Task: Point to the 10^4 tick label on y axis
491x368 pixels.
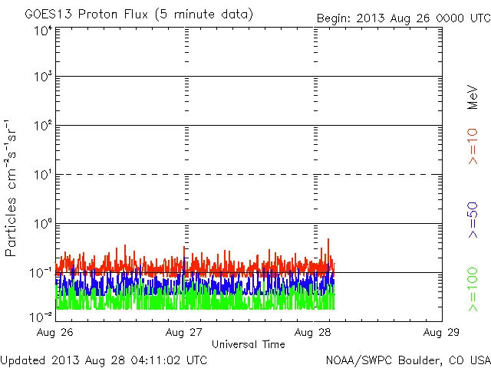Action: pyautogui.click(x=42, y=31)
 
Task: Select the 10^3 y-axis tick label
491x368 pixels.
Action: pyautogui.click(x=42, y=77)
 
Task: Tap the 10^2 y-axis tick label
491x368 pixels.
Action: pyautogui.click(x=42, y=126)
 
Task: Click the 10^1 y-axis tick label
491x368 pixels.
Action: pyautogui.click(x=42, y=175)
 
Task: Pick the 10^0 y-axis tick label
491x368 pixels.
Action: pyautogui.click(x=42, y=224)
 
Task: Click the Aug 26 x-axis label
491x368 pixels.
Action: pyautogui.click(x=55, y=332)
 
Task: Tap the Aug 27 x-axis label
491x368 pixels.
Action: pyautogui.click(x=184, y=332)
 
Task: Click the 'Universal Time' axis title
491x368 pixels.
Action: pyautogui.click(x=248, y=344)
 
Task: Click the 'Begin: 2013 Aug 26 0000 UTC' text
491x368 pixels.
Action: pyautogui.click(x=404, y=18)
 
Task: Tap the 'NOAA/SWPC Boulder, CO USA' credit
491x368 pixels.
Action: pyautogui.click(x=407, y=360)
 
